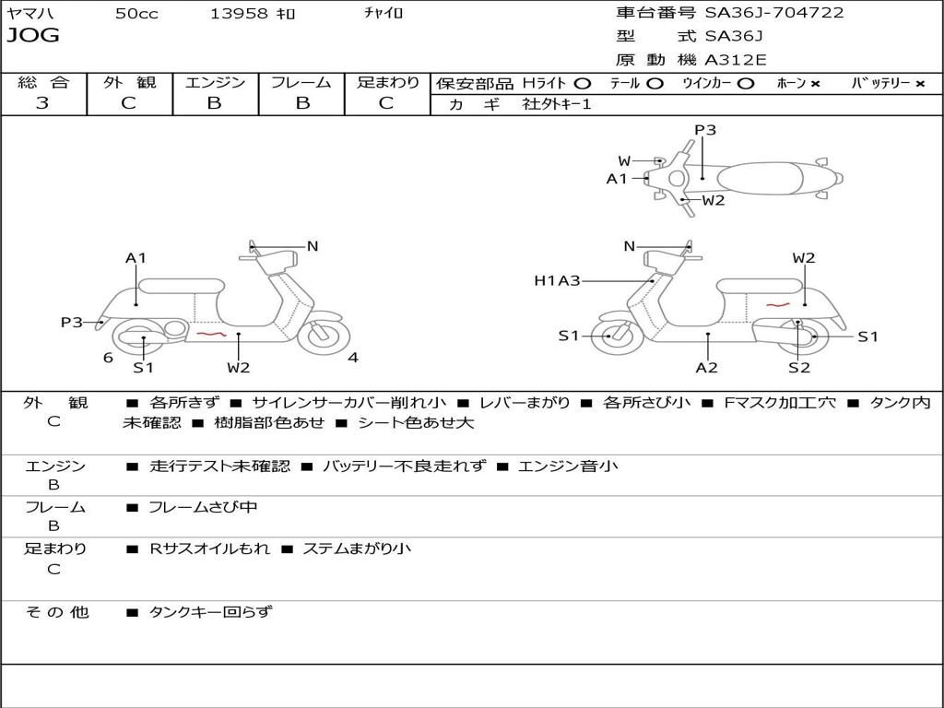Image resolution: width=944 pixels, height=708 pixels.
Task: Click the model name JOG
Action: point(32,36)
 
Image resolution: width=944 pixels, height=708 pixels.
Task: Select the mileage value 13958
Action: point(239,13)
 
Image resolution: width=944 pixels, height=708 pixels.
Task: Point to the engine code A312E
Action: point(736,60)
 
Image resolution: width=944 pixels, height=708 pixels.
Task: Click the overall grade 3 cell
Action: point(42,103)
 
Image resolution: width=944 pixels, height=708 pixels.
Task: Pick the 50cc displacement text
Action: point(136,13)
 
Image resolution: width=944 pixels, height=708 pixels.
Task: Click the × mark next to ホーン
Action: point(815,83)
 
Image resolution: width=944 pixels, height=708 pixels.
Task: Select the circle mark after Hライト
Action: point(583,83)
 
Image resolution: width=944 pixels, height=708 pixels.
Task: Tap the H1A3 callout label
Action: point(557,280)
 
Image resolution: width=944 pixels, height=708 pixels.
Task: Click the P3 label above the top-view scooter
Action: point(705,130)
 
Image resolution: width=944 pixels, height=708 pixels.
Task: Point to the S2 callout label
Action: point(798,368)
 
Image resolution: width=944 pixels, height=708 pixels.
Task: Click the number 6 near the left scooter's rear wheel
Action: point(108,358)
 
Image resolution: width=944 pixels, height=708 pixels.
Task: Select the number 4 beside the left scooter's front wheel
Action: point(353,358)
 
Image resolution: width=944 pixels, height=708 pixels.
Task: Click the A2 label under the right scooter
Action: point(707,368)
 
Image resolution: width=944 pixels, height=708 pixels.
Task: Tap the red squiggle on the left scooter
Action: point(211,334)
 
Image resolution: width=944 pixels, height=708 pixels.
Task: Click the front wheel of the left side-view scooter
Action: point(322,335)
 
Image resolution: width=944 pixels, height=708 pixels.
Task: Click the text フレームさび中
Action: point(203,507)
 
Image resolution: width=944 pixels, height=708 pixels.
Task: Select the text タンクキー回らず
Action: point(210,611)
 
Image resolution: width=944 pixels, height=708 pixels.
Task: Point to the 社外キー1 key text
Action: point(557,104)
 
